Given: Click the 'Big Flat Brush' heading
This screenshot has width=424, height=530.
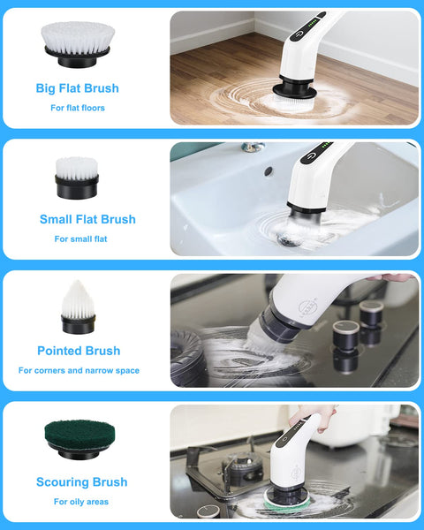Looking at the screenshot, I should [77, 88].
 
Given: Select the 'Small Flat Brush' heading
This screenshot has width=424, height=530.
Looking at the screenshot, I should [87, 219].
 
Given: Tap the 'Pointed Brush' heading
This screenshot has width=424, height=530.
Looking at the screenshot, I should [79, 351].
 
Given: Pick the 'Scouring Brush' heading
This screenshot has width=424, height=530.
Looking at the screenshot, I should [81, 482].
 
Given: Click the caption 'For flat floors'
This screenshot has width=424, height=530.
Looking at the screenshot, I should [77, 108].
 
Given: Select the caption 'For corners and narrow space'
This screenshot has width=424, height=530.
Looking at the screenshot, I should [79, 370].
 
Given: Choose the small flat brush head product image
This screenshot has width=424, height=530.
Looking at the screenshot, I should [76, 178].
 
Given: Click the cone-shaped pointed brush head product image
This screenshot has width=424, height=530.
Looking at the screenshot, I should [77, 307].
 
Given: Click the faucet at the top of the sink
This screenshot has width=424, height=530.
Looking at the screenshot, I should [254, 148].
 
